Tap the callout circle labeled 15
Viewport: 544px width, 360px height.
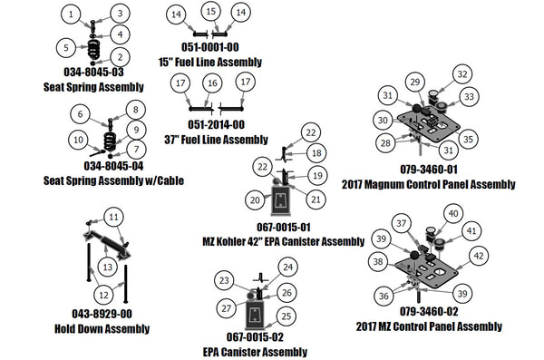tap(210, 12)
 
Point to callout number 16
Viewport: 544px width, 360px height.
tap(210, 83)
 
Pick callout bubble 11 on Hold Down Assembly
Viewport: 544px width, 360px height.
tap(113, 217)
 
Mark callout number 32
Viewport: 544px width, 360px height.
tap(461, 74)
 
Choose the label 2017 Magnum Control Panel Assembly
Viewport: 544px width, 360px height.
tap(429, 184)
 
